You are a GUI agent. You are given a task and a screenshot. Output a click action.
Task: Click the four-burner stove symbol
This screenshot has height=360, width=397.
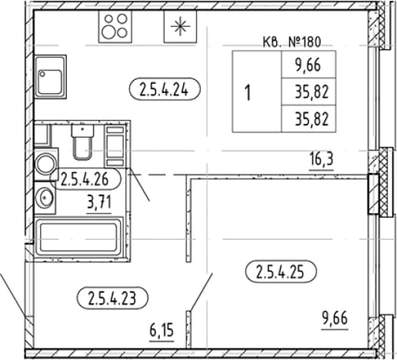click(x=115, y=26)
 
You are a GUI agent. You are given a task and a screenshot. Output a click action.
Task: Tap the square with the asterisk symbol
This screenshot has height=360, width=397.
click(x=180, y=26)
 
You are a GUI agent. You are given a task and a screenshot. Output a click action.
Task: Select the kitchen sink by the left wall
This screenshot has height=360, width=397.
click(x=51, y=76)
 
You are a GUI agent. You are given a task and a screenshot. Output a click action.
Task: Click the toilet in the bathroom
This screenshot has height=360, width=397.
click(x=82, y=142)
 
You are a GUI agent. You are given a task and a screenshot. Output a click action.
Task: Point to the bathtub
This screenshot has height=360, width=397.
click(x=79, y=237)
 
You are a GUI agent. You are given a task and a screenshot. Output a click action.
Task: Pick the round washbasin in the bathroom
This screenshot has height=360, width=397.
click(x=45, y=198)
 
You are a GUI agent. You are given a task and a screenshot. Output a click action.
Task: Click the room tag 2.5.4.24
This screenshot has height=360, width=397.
click(x=164, y=89)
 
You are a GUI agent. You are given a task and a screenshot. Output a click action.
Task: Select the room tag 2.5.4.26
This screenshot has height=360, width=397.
click(x=85, y=179)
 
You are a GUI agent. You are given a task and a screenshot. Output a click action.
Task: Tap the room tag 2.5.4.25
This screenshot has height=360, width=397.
click(x=281, y=272)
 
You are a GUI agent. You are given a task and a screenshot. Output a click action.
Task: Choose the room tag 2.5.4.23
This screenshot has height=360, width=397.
click(x=112, y=298)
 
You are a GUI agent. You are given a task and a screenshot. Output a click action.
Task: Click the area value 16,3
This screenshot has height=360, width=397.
click(x=322, y=160)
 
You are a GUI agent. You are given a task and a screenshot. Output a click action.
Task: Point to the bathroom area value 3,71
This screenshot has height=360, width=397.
click(x=99, y=203)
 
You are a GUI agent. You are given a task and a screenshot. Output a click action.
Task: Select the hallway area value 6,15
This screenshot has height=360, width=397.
click(x=162, y=331)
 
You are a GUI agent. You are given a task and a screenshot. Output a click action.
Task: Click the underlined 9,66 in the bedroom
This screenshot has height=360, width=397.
click(x=335, y=319)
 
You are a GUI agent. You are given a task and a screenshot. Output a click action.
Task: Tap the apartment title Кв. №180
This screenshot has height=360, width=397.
click(x=292, y=42)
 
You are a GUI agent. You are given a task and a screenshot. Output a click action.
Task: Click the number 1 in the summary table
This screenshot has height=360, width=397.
click(x=248, y=93)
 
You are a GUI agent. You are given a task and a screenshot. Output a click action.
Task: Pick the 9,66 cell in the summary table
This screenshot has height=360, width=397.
click(x=308, y=65)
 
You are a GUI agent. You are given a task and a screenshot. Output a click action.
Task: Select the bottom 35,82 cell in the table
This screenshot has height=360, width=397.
click(x=312, y=120)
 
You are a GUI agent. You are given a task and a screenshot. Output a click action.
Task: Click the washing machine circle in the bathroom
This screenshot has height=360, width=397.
click(x=46, y=164)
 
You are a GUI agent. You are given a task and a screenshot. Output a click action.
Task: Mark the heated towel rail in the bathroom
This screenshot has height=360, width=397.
click(x=115, y=146)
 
